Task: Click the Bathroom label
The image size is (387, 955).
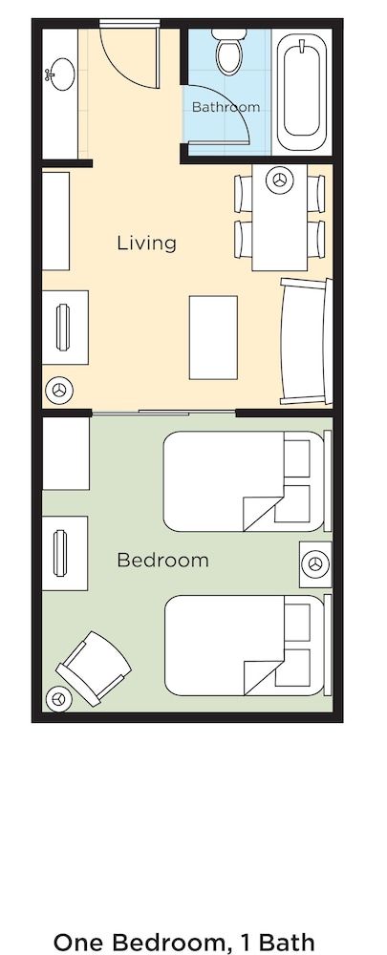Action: pyautogui.click(x=226, y=107)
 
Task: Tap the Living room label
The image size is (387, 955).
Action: pyautogui.click(x=146, y=243)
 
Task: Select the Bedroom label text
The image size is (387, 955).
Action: pyautogui.click(x=162, y=560)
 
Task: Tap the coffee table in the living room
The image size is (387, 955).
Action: pyautogui.click(x=213, y=337)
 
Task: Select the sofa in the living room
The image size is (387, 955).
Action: pyautogui.click(x=304, y=341)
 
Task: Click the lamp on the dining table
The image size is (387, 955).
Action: pyautogui.click(x=280, y=178)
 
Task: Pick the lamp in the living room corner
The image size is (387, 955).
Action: pyautogui.click(x=59, y=390)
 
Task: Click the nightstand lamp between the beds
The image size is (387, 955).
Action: pyautogui.click(x=312, y=565)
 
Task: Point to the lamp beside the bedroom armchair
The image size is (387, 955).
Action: pyautogui.click(x=60, y=699)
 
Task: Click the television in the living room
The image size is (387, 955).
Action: pyautogui.click(x=64, y=328)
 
